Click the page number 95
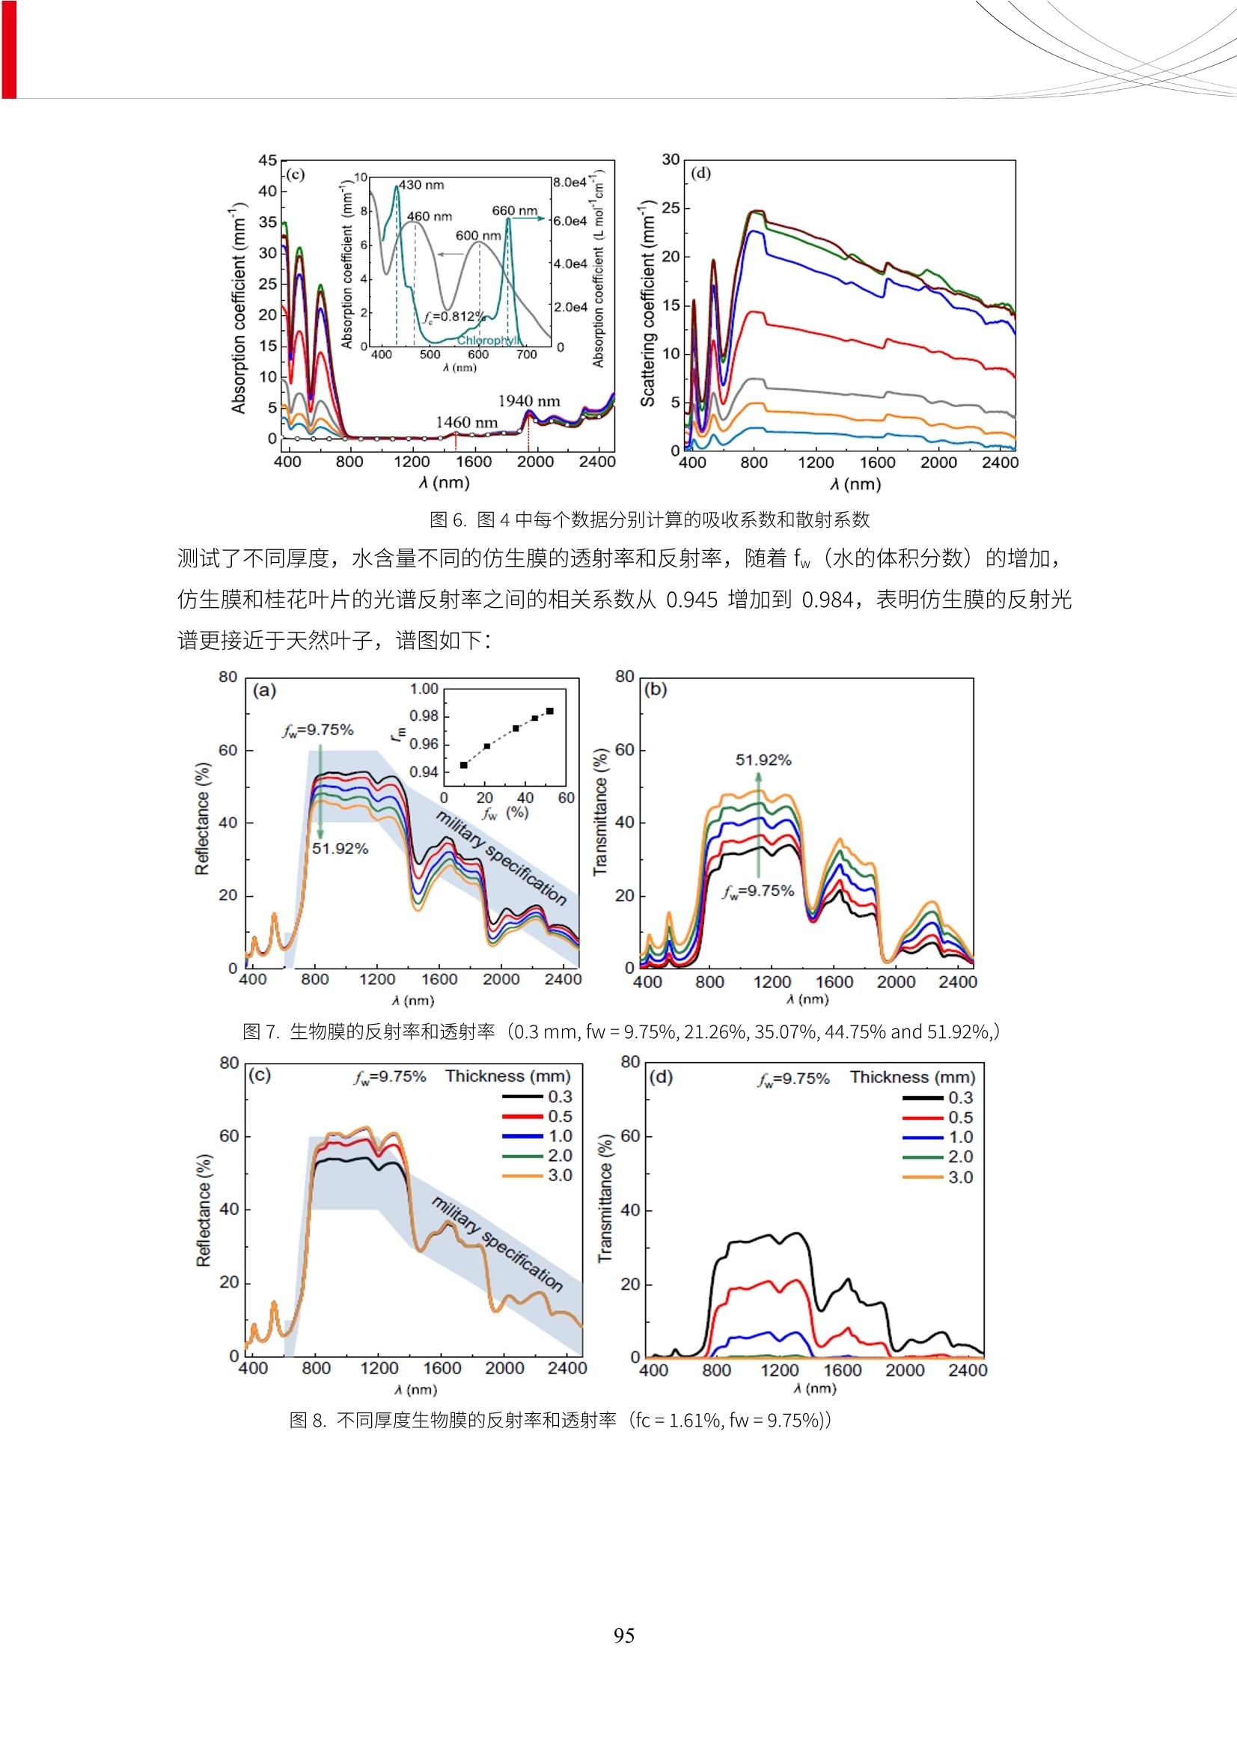click(623, 1635)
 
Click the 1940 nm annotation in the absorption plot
click(529, 401)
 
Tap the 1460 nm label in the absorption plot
click(466, 422)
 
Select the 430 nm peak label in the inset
click(421, 184)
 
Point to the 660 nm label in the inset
click(514, 210)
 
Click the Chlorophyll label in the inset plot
click(488, 340)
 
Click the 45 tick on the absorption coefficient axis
click(267, 160)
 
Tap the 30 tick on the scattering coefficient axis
click(671, 159)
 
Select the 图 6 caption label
click(448, 519)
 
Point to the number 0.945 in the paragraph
click(692, 600)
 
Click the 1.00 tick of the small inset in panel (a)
click(424, 689)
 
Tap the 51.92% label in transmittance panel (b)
click(763, 760)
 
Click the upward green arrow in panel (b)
click(758, 823)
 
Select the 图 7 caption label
click(260, 1031)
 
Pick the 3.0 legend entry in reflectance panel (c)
click(560, 1175)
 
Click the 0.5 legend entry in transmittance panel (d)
click(959, 1118)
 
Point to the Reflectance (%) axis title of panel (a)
click(202, 819)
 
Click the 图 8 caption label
click(307, 1420)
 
